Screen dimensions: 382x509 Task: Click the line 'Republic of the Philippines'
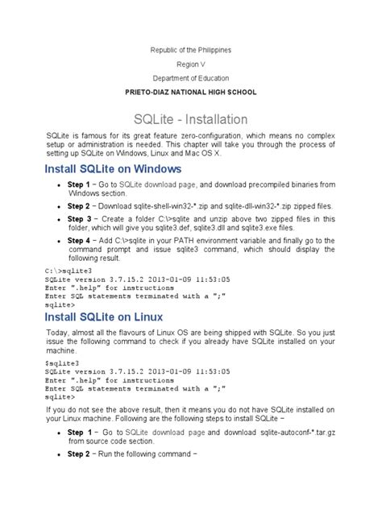(191, 50)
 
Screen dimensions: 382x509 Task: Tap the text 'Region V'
(191, 64)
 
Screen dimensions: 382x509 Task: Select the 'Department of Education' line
(191, 78)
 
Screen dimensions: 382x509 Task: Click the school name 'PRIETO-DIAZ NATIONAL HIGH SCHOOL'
(191, 93)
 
